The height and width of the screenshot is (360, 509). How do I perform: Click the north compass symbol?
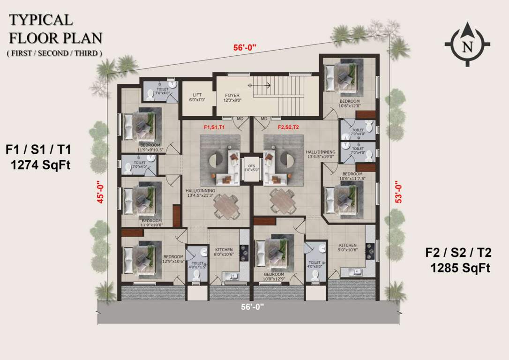point(467,45)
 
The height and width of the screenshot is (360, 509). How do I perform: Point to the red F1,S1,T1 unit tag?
point(214,127)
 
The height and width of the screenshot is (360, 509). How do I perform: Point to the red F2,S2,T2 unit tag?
point(288,127)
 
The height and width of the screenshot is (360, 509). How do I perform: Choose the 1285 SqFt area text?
point(461,268)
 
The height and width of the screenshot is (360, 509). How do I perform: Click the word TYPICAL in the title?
point(41,20)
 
